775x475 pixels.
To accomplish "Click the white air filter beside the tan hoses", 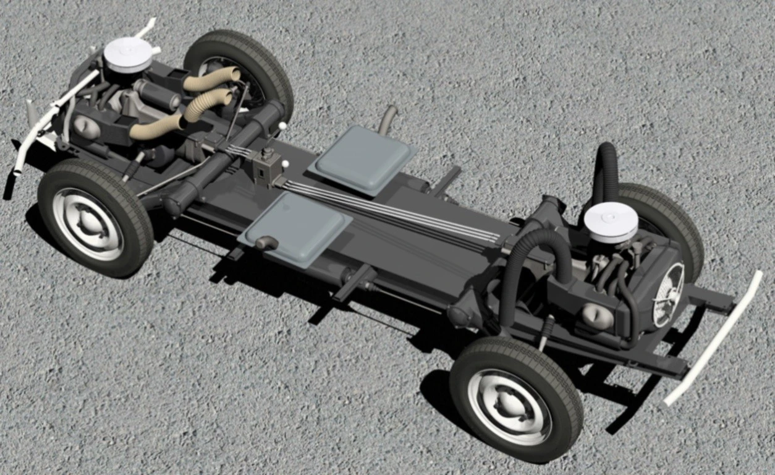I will tap(129, 54).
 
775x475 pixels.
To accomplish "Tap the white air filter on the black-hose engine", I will tap(611, 221).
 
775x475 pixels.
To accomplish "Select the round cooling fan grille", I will tap(668, 294).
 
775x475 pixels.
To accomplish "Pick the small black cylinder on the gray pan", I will tap(266, 243).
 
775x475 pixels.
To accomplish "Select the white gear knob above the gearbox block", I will tap(285, 165).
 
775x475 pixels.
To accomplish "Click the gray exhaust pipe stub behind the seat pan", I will tap(387, 119).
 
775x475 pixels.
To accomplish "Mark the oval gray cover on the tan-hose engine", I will tap(87, 127).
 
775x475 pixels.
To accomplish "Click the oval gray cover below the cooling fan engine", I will tap(597, 316).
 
